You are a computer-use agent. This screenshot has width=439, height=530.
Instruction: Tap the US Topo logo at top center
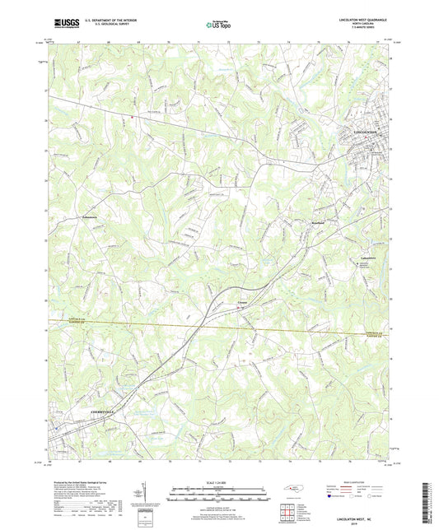218,25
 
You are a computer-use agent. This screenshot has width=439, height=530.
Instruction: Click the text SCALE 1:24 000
218,481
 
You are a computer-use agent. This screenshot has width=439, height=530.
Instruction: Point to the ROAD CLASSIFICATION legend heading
355,482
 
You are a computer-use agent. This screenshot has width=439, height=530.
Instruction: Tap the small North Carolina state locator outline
292,492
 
